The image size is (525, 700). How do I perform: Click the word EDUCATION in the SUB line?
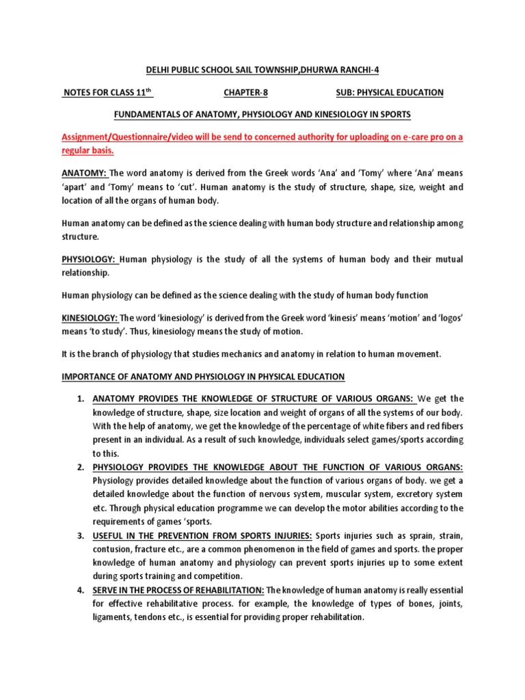pyautogui.click(x=417, y=92)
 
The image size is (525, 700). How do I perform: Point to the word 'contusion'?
pyautogui.click(x=113, y=549)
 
